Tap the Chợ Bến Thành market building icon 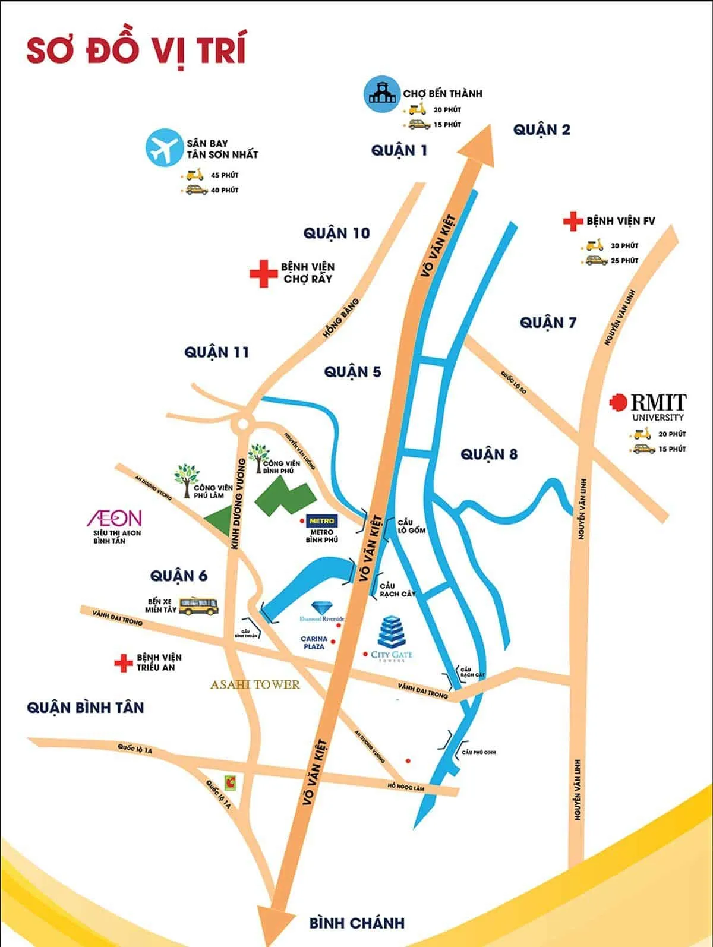click(380, 93)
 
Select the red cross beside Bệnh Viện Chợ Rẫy click(261, 273)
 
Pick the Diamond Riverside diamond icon click(322, 607)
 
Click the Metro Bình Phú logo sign click(321, 521)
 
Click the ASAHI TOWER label click(255, 685)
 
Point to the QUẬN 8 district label click(489, 454)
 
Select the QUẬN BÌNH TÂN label click(85, 708)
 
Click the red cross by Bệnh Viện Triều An click(124, 662)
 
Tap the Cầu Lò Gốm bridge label click(411, 526)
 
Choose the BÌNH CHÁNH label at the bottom click(356, 923)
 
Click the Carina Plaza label click(314, 642)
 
